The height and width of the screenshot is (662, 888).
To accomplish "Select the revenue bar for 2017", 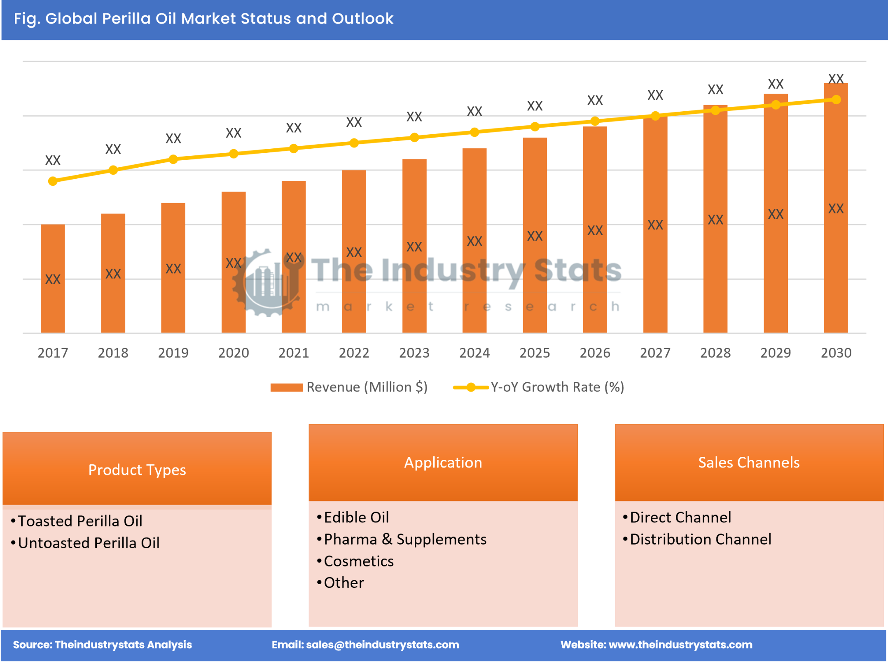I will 53,278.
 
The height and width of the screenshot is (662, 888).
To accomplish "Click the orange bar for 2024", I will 474,241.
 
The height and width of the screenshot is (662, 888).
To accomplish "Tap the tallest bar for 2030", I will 835,208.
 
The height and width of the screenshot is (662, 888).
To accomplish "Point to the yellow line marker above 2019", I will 173,159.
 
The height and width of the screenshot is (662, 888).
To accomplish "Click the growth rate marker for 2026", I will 595,121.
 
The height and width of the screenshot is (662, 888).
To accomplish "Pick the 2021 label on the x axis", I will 294,353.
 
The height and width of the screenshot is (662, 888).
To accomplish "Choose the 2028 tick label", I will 715,353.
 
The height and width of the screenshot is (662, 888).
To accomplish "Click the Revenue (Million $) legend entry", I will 349,387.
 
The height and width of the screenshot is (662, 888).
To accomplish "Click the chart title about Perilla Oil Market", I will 203,19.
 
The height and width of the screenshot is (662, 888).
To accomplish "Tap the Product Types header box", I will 137,469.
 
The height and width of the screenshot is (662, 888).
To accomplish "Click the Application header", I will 443,462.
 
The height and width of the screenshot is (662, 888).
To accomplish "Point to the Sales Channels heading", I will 748,462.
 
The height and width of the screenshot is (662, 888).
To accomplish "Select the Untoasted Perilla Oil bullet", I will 88,543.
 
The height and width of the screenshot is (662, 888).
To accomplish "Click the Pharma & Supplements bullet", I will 404,539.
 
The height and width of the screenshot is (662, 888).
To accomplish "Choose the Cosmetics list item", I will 358,561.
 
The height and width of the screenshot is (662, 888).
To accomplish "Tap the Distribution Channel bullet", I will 700,539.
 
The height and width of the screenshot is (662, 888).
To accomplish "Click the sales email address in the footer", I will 382,645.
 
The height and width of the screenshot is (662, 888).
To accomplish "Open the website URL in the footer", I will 680,645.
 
